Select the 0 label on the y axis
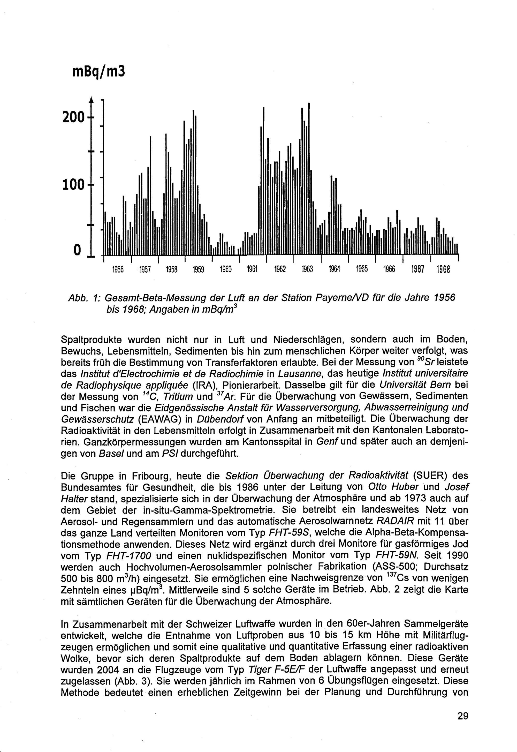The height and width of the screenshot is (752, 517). [77, 250]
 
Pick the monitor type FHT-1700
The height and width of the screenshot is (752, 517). [129, 556]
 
